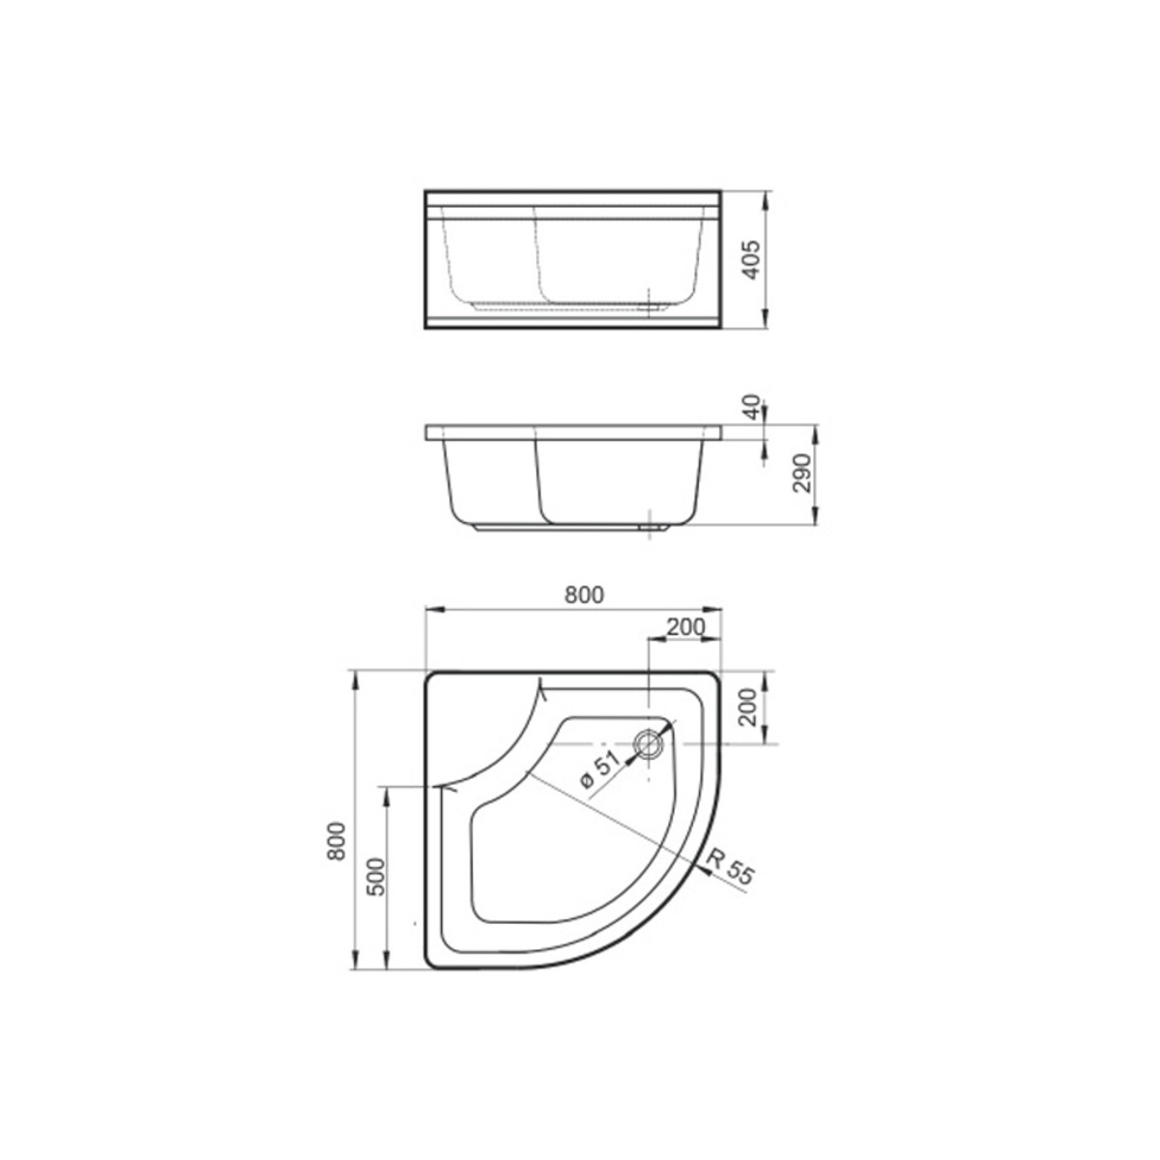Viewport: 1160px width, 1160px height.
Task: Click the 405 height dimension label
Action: [752, 260]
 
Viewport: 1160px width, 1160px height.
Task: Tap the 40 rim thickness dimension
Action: [752, 408]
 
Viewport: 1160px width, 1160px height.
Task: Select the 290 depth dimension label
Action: [802, 473]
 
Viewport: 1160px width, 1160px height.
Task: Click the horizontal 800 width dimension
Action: [584, 594]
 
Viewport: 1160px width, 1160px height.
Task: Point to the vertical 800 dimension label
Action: [336, 841]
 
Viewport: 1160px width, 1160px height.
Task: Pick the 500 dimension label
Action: [375, 877]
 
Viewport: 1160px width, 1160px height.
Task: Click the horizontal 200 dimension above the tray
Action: [685, 626]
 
